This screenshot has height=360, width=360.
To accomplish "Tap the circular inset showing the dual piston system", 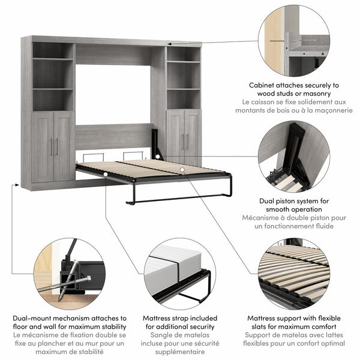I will pyautogui.click(x=294, y=157).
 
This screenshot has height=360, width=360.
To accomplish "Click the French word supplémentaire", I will pyautogui.click(x=178, y=352).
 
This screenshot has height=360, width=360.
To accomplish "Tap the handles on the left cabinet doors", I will pyautogui.click(x=54, y=146).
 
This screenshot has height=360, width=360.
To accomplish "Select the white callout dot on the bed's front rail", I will pyautogui.click(x=105, y=175).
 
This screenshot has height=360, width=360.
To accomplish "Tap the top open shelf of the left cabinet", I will pyautogui.click(x=53, y=50).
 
